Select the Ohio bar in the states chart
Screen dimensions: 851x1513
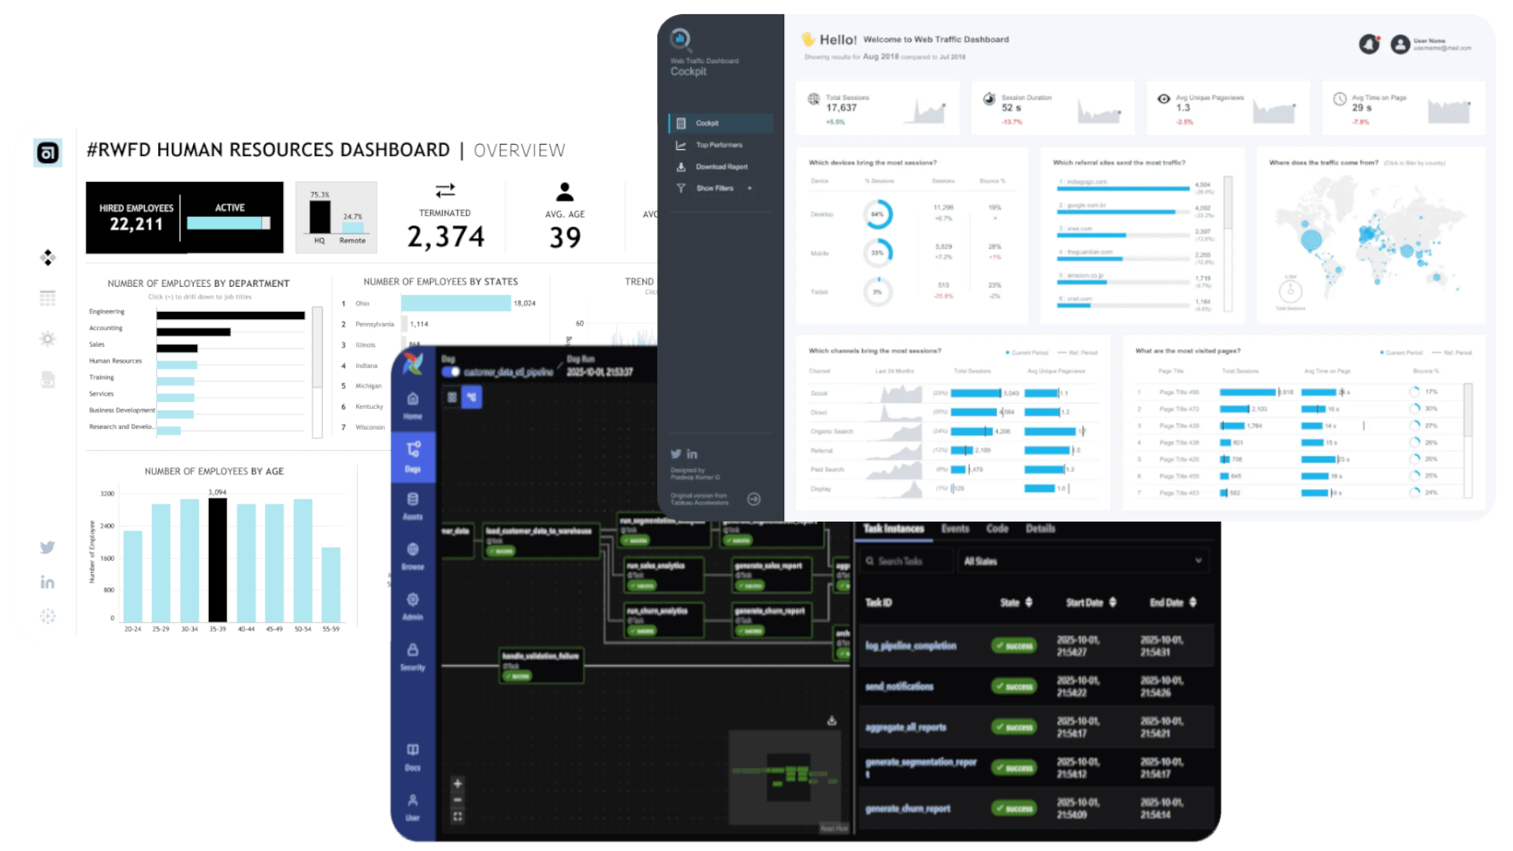pos(455,303)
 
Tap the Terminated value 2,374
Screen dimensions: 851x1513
pos(445,236)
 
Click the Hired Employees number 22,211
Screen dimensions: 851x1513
pos(136,225)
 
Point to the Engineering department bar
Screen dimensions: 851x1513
pos(230,315)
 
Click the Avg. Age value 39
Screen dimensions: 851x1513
pos(565,237)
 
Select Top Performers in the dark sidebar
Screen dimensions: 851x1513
pos(719,145)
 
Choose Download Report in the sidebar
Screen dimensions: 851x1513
pos(721,167)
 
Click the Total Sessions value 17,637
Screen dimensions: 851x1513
pos(842,108)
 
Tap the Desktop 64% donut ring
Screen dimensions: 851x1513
pos(878,214)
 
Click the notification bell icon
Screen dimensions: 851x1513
pos(1370,44)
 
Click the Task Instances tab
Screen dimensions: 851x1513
pos(894,529)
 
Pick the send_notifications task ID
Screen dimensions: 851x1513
pos(899,686)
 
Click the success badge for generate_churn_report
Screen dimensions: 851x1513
pos(1014,808)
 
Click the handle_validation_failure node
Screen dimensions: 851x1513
pos(541,665)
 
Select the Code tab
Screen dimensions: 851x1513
pos(997,529)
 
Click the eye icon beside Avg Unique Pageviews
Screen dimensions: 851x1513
pos(1163,98)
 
